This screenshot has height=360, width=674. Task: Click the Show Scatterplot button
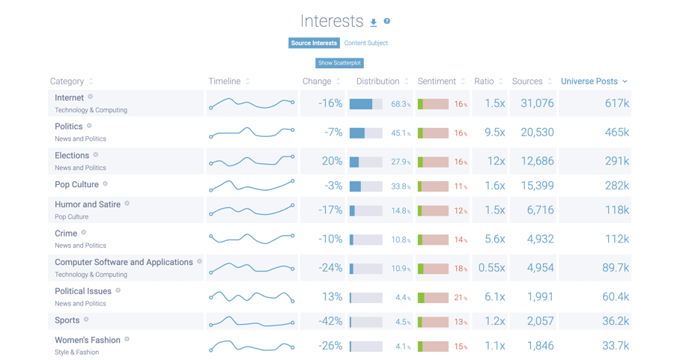click(x=339, y=63)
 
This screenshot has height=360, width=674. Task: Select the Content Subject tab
click(x=365, y=43)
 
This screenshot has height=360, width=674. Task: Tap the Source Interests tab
click(x=314, y=43)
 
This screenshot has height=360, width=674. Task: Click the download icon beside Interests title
click(x=374, y=22)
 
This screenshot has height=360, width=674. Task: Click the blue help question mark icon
click(x=387, y=22)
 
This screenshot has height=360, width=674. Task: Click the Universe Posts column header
click(x=593, y=81)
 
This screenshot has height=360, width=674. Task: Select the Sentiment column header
click(x=437, y=81)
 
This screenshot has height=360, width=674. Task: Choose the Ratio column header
click(x=484, y=81)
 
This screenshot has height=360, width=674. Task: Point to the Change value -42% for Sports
click(x=330, y=321)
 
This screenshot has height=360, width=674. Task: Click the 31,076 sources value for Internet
click(x=537, y=103)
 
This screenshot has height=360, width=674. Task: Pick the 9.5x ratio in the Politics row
click(x=494, y=132)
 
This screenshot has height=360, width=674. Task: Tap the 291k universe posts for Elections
click(x=616, y=161)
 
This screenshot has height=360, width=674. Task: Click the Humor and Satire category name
click(x=88, y=204)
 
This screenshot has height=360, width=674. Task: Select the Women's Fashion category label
click(x=88, y=340)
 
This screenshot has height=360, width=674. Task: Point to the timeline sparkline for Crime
click(x=252, y=239)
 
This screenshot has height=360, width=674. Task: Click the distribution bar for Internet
click(x=365, y=104)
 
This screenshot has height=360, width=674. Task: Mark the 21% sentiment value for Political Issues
click(x=460, y=298)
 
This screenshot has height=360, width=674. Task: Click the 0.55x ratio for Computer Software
click(x=491, y=268)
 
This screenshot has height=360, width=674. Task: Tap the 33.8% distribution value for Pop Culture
click(x=400, y=187)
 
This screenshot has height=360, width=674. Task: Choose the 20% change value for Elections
click(x=332, y=161)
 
